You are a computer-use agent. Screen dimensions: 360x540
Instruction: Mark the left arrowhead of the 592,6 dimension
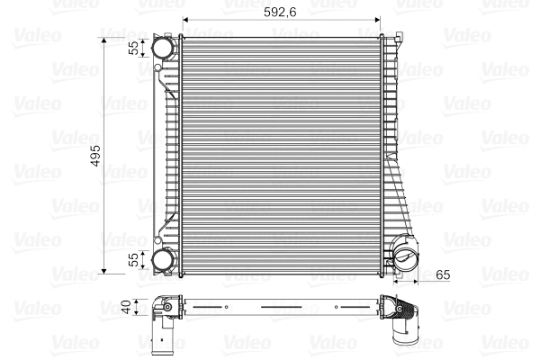(x=186, y=20)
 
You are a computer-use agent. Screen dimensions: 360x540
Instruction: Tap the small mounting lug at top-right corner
(x=396, y=39)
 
